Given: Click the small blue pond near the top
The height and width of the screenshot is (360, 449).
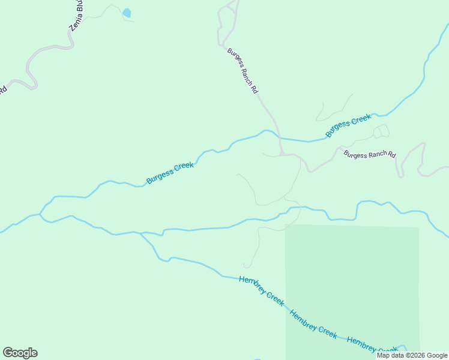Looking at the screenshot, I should click(x=127, y=13).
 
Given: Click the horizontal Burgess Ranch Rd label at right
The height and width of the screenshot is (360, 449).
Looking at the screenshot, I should click(x=370, y=155).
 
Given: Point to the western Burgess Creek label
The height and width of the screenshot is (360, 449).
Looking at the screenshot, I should click(x=170, y=172).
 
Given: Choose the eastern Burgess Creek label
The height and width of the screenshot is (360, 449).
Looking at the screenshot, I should click(x=349, y=125).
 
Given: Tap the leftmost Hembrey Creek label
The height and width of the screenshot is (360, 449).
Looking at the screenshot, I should click(x=262, y=291).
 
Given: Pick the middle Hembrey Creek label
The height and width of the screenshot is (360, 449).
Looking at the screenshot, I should click(x=313, y=324).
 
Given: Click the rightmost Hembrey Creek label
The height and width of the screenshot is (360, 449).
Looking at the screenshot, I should click(x=372, y=345).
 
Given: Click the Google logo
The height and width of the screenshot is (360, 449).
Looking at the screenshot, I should click(x=20, y=353).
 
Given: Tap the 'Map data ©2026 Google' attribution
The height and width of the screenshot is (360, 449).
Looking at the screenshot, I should click(x=412, y=355).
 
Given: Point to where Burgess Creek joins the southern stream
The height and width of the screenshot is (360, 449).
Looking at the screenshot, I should click(x=40, y=214).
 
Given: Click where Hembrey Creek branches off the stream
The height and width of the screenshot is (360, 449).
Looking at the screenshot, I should click(x=140, y=233).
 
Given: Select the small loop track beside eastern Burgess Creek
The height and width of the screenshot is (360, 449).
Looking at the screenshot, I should click(x=381, y=131).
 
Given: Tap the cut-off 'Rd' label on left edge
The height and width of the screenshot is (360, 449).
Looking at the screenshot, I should click(x=2, y=90).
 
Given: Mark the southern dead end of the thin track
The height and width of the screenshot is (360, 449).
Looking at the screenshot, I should click(x=245, y=267).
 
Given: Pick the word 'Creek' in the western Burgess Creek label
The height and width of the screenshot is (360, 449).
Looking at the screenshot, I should click(x=184, y=166).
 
